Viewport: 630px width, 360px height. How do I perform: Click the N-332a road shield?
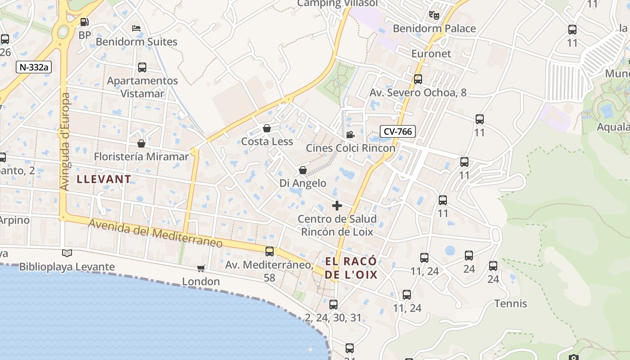34,67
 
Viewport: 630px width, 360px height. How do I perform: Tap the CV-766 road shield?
398,131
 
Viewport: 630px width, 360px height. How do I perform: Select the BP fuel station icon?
84,22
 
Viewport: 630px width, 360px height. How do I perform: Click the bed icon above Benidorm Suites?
136,28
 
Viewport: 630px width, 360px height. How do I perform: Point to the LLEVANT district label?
104,179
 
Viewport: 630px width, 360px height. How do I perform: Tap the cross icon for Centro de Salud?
337,206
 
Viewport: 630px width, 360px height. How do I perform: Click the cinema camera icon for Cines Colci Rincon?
350,135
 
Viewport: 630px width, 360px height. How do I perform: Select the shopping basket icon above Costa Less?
267,128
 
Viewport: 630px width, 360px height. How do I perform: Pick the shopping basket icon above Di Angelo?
303,170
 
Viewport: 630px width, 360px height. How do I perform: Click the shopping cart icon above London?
201,268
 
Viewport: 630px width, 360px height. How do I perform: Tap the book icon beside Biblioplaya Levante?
67,253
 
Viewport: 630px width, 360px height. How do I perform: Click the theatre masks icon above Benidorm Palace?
434,15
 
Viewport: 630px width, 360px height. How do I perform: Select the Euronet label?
431,54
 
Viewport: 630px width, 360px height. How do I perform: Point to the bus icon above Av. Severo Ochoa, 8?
418,79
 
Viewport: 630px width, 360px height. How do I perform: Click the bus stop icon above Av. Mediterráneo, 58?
270,251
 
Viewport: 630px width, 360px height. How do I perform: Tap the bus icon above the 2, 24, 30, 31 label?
333,304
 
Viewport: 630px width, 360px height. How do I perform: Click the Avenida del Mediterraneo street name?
155,233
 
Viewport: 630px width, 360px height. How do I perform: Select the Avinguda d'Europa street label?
65,141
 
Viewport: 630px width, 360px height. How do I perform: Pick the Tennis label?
511,304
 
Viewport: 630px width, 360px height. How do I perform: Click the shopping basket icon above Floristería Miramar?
141,144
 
